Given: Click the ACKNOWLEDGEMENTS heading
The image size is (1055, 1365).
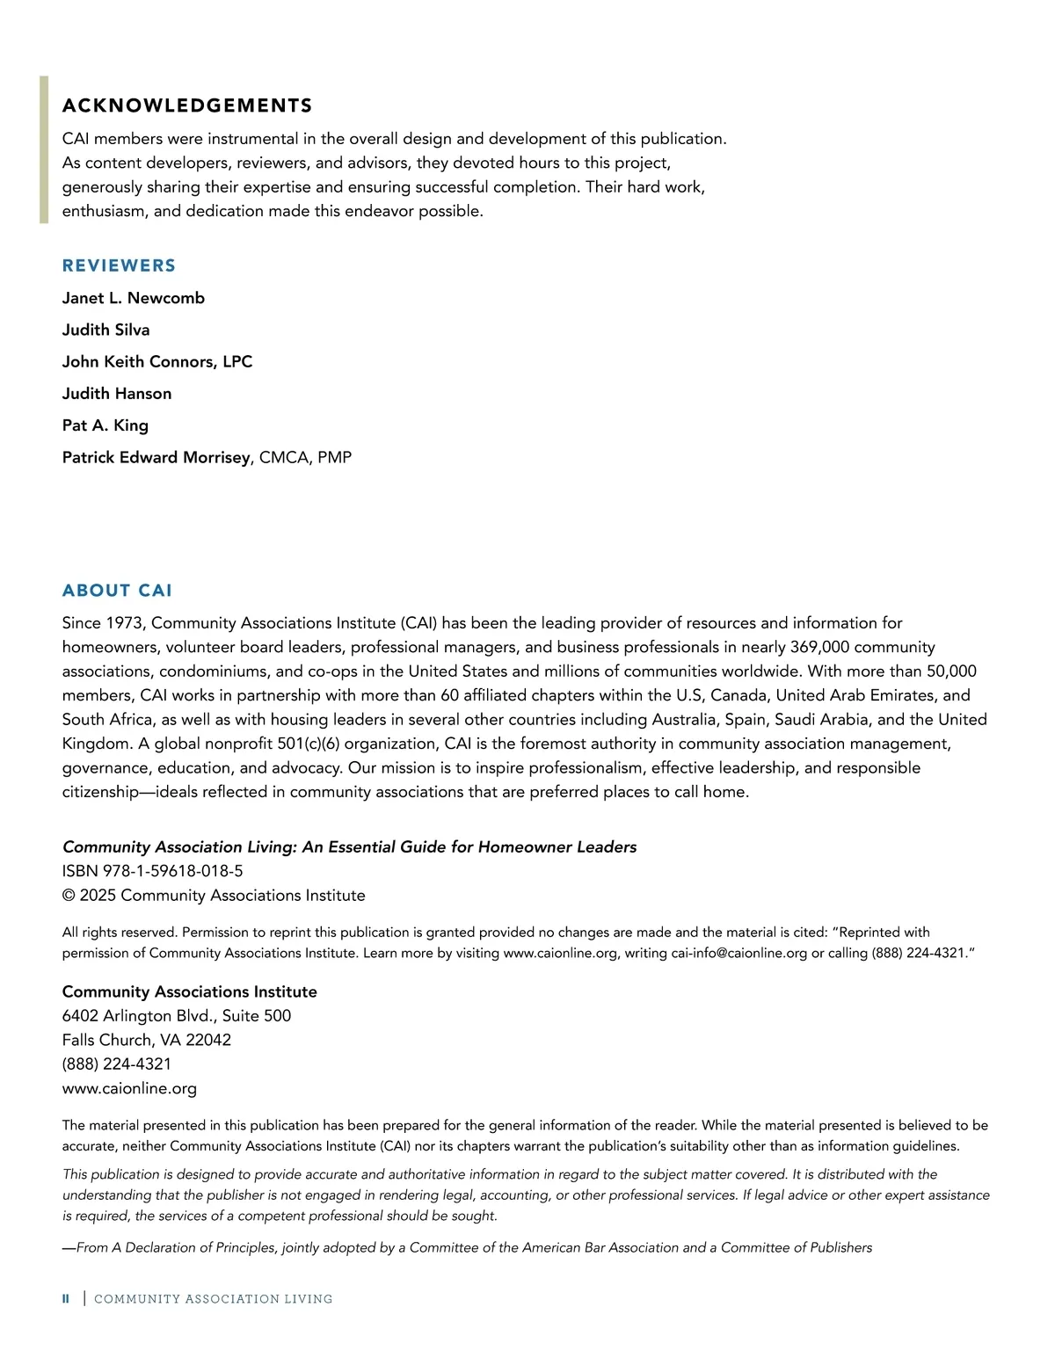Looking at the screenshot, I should tap(187, 106).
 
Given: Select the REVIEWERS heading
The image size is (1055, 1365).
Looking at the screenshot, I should tap(119, 265).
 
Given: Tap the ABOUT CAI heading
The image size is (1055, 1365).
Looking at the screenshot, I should tap(117, 591).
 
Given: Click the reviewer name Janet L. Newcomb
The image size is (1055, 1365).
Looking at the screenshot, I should tap(133, 298).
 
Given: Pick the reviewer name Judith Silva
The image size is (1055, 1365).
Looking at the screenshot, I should tap(105, 330).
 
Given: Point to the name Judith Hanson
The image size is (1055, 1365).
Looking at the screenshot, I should tap(116, 394).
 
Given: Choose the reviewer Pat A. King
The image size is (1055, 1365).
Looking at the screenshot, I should tap(105, 425).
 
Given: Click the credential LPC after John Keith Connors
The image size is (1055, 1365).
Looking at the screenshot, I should tap(237, 362).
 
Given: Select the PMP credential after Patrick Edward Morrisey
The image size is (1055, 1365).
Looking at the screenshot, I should tap(334, 458).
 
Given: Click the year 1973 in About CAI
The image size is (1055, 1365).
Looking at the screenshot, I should tap(124, 623).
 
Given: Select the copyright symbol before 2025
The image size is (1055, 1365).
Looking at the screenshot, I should tap(69, 896).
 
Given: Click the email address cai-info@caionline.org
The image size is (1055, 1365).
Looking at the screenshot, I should tap(738, 954).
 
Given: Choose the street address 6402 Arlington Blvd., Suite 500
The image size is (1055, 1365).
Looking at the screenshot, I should tap(176, 1016).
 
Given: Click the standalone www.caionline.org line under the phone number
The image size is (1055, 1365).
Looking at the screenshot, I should tap(129, 1088).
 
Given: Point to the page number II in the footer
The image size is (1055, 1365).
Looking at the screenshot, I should tap(66, 1299).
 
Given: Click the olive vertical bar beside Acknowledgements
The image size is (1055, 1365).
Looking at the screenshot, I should tap(44, 149).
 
